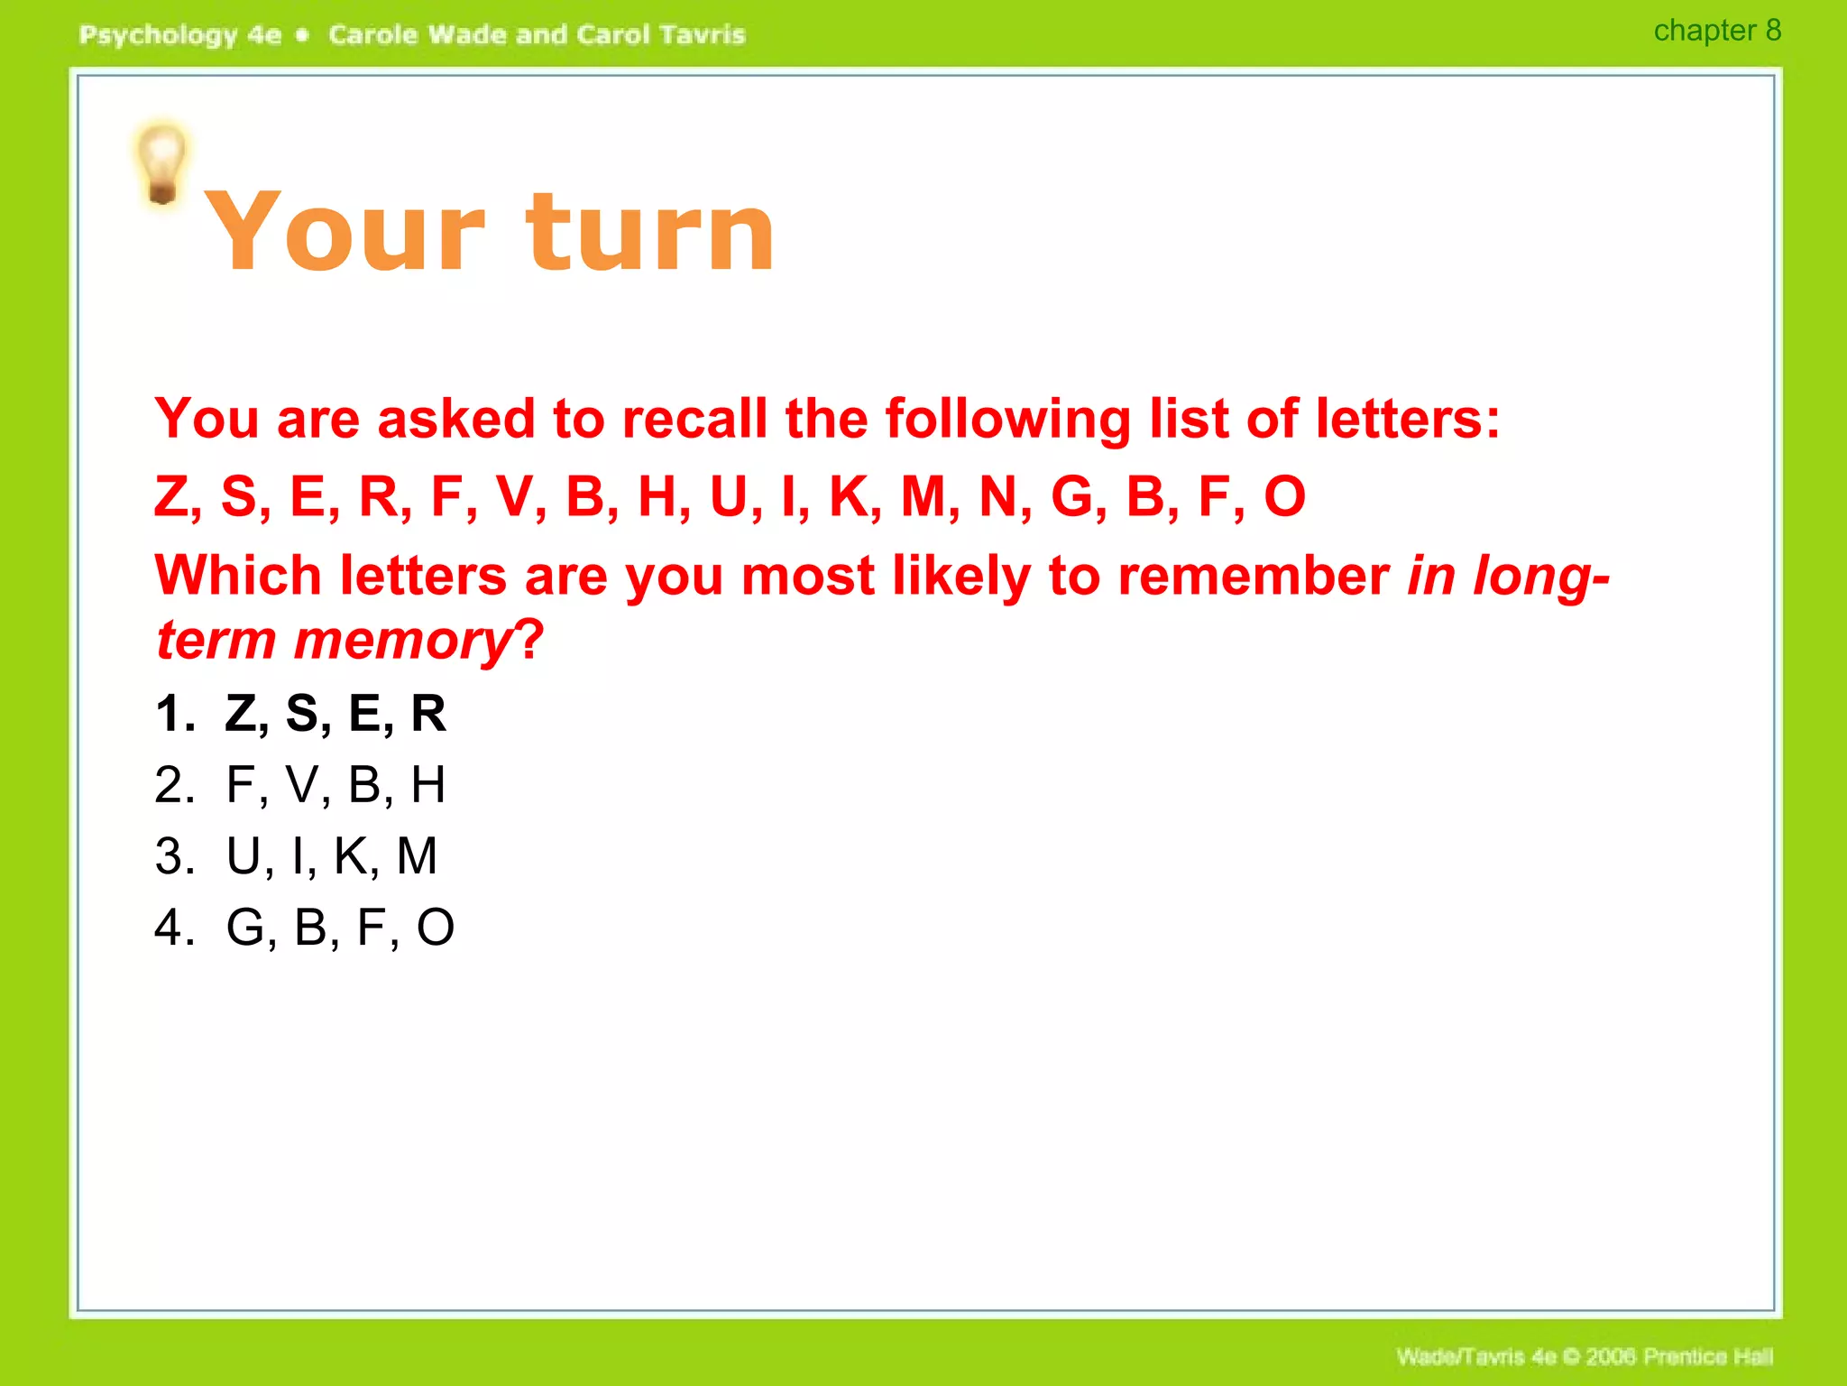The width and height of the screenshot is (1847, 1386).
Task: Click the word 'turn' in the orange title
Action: pos(649,233)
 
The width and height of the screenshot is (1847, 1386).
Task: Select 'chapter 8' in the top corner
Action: pos(1716,31)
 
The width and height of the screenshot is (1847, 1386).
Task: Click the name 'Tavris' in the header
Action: pos(702,35)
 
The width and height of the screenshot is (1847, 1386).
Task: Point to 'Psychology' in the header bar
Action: pos(158,35)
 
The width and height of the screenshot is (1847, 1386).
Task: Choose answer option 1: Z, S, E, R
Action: pos(335,714)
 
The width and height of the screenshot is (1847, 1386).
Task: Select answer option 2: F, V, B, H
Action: pos(335,784)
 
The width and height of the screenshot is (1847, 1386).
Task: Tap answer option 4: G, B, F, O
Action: pos(339,927)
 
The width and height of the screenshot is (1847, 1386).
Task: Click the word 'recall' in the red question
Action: pos(694,419)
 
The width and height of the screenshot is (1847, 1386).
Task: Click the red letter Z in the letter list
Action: pos(171,496)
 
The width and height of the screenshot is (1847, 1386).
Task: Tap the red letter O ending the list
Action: pos(1284,496)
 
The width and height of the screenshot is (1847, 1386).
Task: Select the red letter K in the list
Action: pos(849,496)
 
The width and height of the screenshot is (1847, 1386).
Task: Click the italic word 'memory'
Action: pos(402,642)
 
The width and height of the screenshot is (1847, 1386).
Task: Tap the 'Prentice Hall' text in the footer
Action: pos(1707,1356)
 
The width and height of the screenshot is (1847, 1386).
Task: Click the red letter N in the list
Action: pos(998,496)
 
